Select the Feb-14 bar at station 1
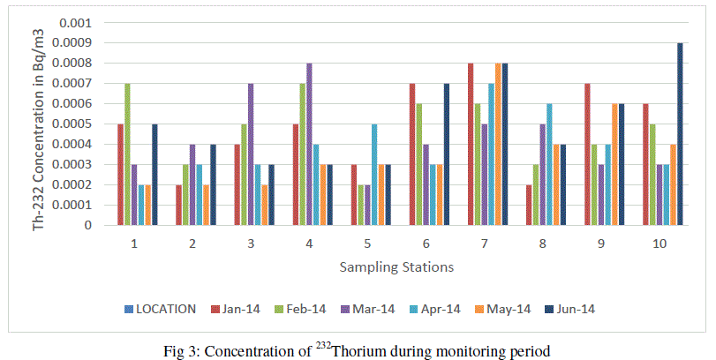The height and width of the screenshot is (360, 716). tap(127, 154)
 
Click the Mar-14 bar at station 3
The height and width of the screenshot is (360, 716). tap(251, 154)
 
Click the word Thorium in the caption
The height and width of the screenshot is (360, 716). tap(366, 351)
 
